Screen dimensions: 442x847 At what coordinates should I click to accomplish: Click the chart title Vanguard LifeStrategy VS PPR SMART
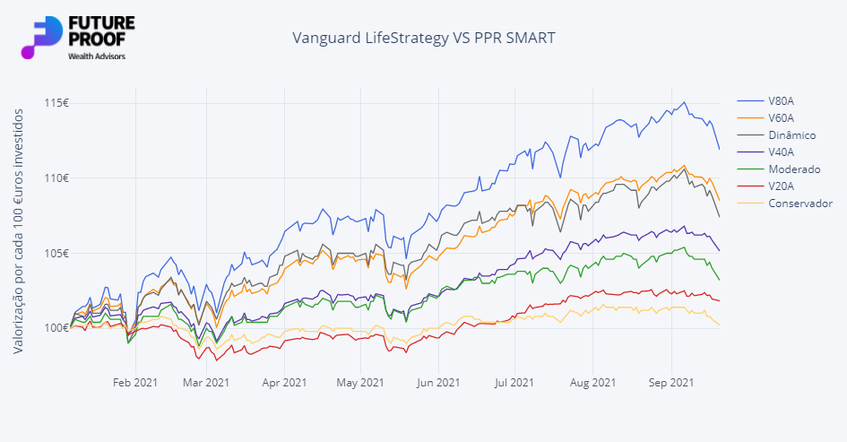[424, 39]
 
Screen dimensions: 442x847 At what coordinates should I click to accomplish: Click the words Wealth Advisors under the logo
[97, 56]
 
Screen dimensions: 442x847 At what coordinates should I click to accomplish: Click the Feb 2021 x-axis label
[135, 382]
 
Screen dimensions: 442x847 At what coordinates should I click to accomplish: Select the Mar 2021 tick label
[205, 382]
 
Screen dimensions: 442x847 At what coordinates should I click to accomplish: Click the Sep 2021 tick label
[670, 382]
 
